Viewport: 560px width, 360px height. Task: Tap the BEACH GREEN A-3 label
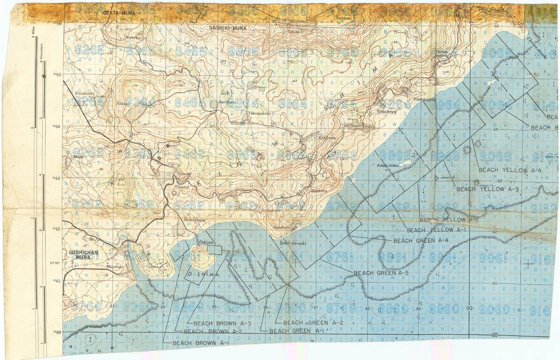pyautogui.click(x=381, y=273)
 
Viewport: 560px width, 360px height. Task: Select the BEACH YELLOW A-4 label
pyautogui.click(x=509, y=170)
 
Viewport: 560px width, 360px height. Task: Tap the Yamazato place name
pyautogui.click(x=424, y=100)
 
